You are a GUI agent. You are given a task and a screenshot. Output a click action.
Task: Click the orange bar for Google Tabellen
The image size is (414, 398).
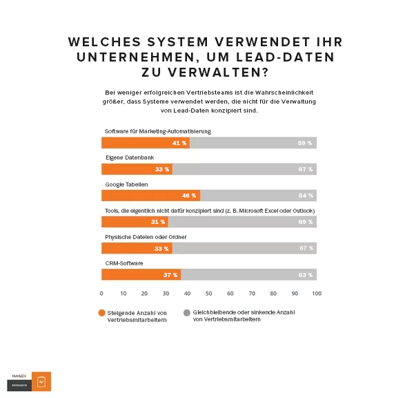[150, 196]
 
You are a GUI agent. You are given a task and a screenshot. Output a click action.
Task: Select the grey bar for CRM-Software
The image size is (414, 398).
[248, 274]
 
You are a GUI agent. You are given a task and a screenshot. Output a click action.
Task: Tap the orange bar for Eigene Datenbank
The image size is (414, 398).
[137, 169]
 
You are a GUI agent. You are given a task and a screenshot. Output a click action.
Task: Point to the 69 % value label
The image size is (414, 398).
[305, 222]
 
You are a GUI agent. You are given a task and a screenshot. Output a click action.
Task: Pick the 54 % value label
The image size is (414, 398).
[305, 196]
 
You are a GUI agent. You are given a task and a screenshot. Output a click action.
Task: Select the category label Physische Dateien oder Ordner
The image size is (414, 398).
[146, 237]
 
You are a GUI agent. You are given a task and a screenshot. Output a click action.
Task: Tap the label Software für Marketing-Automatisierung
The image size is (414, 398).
[157, 131]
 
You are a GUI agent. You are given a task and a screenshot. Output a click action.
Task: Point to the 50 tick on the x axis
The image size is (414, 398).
[209, 294]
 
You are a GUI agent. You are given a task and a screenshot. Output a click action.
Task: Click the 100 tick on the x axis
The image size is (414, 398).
[316, 294]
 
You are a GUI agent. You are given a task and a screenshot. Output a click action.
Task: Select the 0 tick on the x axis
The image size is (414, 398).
[101, 294]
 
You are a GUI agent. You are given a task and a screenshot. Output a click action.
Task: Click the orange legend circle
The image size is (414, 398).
[102, 312]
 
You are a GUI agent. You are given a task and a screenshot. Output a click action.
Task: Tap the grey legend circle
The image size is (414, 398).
[187, 312]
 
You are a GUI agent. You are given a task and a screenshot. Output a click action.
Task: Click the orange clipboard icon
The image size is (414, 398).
[41, 381]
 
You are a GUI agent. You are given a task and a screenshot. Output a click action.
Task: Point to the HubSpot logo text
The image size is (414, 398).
[19, 376]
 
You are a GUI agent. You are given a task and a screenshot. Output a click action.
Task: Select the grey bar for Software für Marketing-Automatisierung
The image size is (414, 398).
[253, 143]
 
